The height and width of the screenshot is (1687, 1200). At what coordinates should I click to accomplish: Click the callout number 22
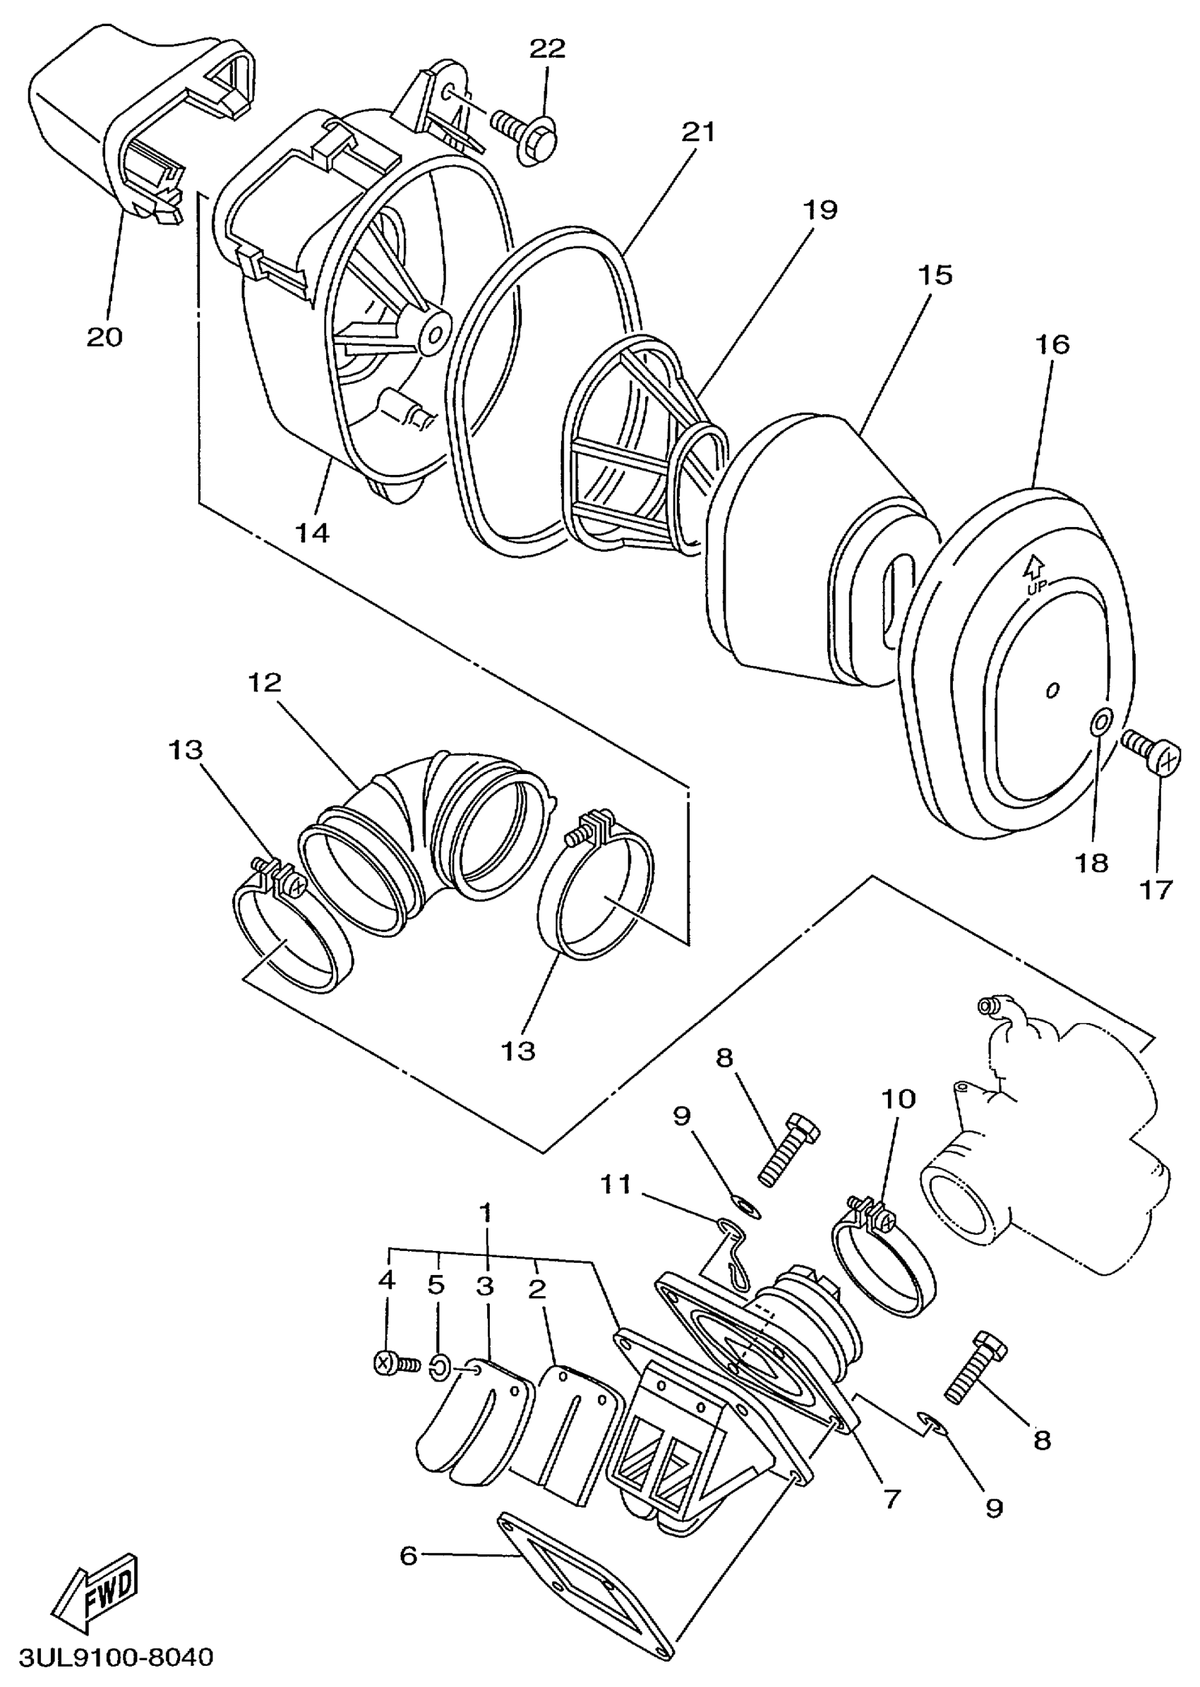[548, 48]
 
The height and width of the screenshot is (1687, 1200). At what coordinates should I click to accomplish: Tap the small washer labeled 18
[1100, 720]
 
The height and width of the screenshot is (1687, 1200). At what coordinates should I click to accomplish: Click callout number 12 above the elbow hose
[265, 682]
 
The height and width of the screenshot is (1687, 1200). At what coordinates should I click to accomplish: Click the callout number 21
[698, 131]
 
